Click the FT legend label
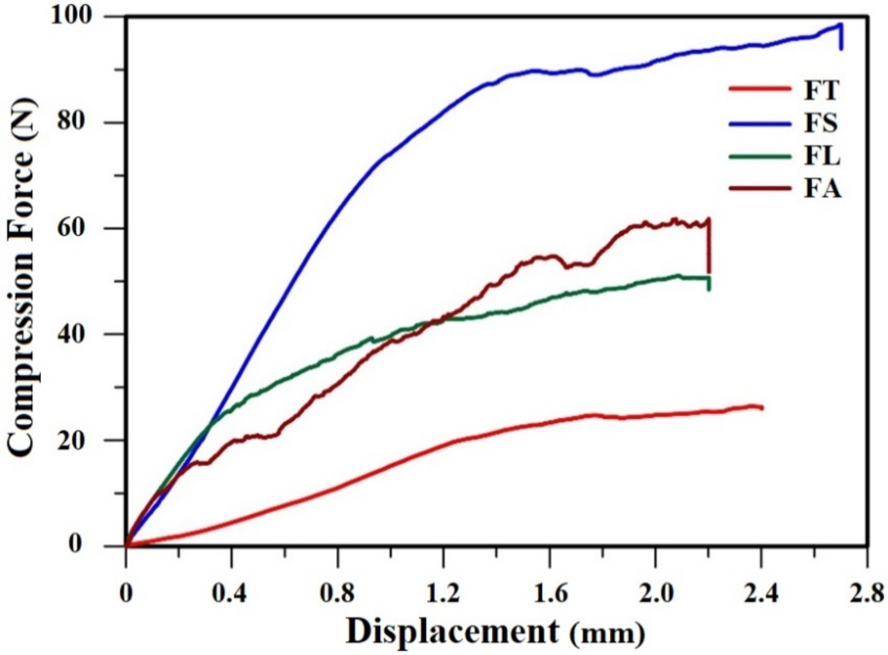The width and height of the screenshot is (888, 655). click(x=821, y=90)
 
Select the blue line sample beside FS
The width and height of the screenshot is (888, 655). click(x=759, y=124)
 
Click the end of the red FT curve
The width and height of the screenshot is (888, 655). click(x=762, y=407)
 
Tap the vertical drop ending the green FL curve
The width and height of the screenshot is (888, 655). click(x=709, y=284)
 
